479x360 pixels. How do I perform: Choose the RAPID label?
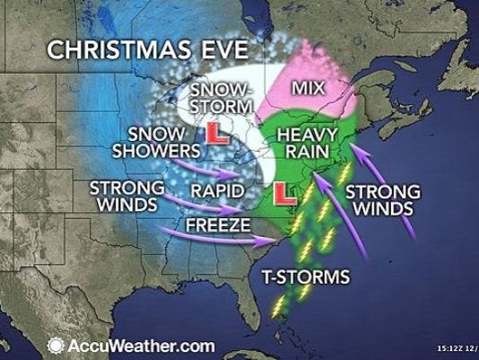pos(216,190)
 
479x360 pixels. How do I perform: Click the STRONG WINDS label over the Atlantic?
pos(376,201)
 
